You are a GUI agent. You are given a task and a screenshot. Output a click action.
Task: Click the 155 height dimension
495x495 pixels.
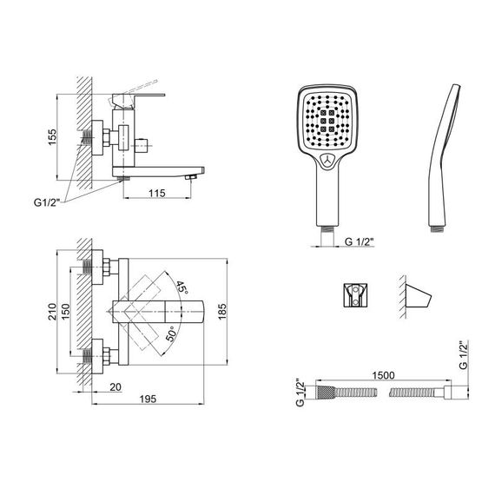pos(52,137)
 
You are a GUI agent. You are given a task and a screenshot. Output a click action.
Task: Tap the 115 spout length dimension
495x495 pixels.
pos(157,193)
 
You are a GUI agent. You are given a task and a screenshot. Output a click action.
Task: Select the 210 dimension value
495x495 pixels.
pos(52,311)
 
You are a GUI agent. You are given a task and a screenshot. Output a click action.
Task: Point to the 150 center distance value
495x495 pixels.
pos(65,311)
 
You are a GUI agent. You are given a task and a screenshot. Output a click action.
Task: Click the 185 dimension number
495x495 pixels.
pos(222,311)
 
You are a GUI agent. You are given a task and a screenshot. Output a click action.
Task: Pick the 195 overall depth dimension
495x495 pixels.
pos(148,399)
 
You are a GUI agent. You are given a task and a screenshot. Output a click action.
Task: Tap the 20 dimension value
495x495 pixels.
pos(115,387)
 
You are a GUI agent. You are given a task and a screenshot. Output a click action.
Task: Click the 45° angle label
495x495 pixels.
pos(181,287)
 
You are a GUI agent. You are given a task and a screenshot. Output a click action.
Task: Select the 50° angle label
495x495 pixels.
pos(171,333)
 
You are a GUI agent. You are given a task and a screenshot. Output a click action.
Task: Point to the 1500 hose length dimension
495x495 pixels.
pos(383,375)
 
